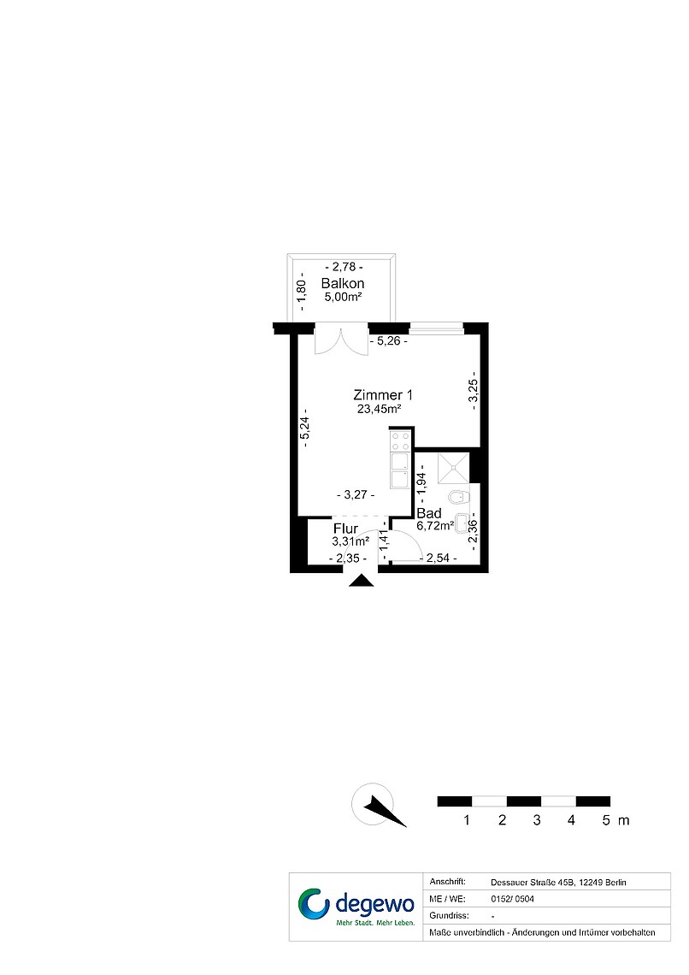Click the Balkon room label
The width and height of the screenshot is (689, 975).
[x=342, y=284]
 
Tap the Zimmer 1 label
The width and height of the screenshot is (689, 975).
[x=383, y=395]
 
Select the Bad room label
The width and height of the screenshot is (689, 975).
[x=428, y=513]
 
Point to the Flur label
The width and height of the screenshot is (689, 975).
[x=345, y=529]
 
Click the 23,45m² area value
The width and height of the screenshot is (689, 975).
[x=379, y=409]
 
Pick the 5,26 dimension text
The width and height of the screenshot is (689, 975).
[x=388, y=340]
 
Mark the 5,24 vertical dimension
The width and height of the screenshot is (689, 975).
[x=305, y=428]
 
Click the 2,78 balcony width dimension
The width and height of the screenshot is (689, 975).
[x=344, y=267]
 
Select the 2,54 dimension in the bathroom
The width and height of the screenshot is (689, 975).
[x=438, y=558]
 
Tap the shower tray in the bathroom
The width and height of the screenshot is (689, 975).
[x=454, y=468]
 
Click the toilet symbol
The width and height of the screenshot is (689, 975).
[x=459, y=498]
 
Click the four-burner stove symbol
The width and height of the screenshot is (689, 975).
[x=399, y=440]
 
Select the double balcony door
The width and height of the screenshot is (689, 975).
[x=341, y=339]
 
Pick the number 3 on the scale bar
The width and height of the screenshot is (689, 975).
[x=537, y=820]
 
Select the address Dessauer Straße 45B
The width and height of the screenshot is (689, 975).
[x=532, y=883]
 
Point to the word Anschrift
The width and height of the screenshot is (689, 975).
[x=447, y=882]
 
